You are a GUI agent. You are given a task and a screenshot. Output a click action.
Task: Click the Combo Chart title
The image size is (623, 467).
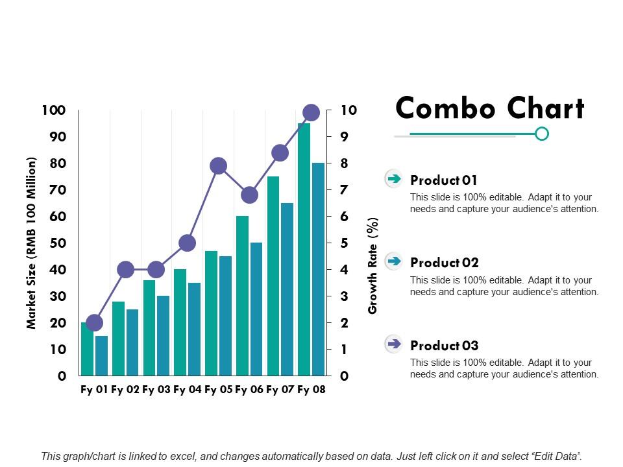(x=490, y=108)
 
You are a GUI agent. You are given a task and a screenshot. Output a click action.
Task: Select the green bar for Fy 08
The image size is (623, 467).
(x=304, y=253)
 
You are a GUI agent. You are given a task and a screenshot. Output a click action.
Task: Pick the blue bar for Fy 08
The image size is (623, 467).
(x=318, y=269)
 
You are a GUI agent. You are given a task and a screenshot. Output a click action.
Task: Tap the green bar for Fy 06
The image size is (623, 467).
(x=242, y=295)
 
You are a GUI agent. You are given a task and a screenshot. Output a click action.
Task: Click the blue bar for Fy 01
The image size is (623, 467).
(x=101, y=355)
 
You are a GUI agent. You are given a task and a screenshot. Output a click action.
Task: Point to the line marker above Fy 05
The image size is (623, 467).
(x=218, y=165)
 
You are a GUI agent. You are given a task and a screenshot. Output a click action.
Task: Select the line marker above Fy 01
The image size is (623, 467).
(x=94, y=322)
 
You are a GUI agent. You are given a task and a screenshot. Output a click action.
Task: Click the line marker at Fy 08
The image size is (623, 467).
(x=311, y=112)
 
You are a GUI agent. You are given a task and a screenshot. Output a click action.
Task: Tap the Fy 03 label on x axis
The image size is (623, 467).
(x=156, y=390)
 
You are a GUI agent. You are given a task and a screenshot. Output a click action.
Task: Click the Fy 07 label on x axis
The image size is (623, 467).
(x=280, y=390)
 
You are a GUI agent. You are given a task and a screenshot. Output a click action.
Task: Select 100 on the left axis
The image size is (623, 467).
(x=54, y=110)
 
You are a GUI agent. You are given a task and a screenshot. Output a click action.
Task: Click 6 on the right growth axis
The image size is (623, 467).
(x=345, y=217)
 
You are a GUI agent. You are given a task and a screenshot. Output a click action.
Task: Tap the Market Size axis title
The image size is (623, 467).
(x=31, y=243)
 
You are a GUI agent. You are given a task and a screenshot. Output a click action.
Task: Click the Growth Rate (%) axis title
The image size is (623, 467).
(x=373, y=266)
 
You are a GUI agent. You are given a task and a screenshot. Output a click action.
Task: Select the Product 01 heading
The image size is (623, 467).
(x=444, y=180)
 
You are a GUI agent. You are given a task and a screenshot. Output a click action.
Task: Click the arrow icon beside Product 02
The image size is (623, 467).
(x=393, y=261)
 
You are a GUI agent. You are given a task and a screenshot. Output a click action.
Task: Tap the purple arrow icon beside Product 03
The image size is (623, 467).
(x=393, y=344)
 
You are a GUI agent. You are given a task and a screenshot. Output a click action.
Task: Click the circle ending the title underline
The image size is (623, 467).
(x=542, y=134)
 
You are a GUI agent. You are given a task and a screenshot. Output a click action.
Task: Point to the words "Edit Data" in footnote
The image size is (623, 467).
(x=554, y=456)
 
